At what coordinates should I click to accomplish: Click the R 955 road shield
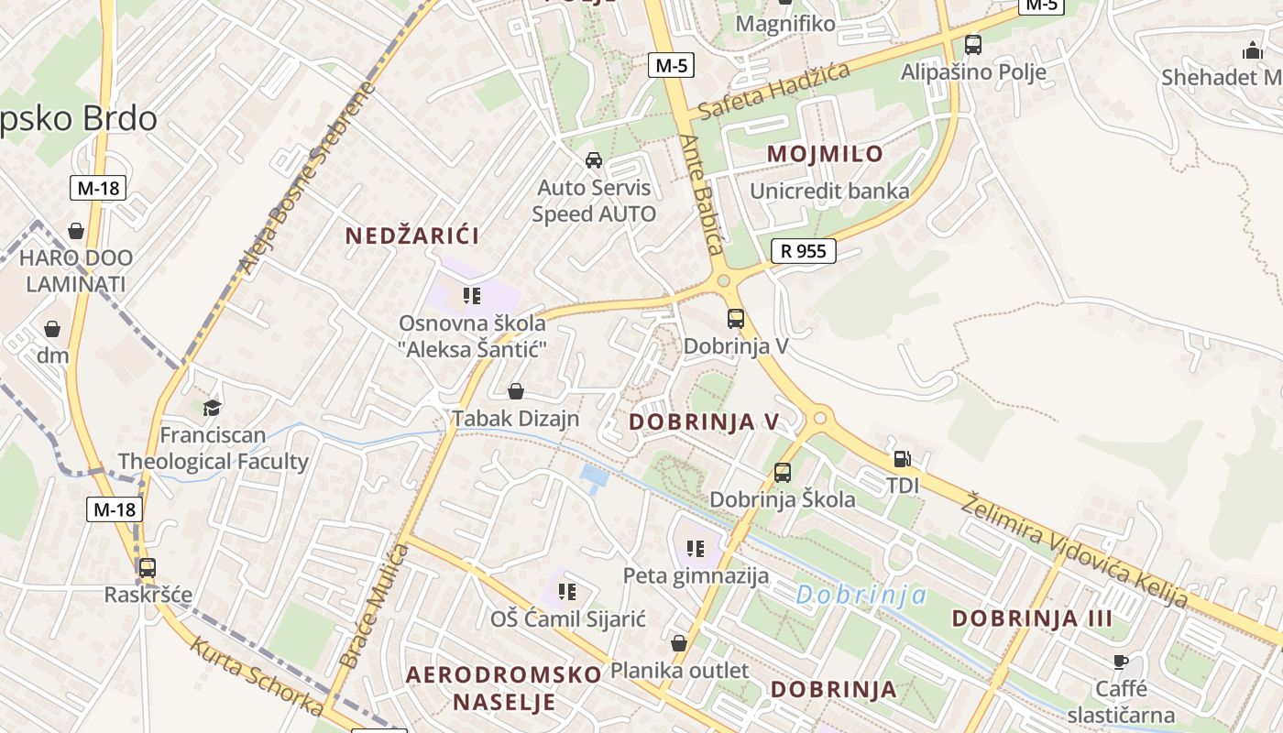point(804,251)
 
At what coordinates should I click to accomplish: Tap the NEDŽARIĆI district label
point(412,235)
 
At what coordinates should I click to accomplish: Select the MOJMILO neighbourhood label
point(825,154)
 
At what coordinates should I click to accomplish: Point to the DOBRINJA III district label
point(1032,618)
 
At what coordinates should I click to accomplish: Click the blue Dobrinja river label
point(861,596)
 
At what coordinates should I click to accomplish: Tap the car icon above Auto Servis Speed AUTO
point(594,160)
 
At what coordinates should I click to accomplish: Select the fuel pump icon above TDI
point(903,459)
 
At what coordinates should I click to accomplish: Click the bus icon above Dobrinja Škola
point(782,473)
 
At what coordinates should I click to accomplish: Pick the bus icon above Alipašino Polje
point(973,44)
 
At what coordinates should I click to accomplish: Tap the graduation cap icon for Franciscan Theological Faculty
point(213,408)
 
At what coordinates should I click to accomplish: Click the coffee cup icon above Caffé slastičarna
point(1121,662)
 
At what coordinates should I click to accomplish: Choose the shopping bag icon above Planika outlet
point(679,643)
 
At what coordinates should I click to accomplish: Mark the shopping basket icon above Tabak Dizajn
point(516,391)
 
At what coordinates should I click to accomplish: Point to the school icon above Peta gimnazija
point(696,548)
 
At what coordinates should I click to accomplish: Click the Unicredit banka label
point(829,191)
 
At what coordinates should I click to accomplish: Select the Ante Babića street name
point(703,193)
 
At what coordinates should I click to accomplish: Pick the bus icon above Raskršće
point(148,567)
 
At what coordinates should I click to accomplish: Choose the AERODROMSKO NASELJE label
point(504,688)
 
